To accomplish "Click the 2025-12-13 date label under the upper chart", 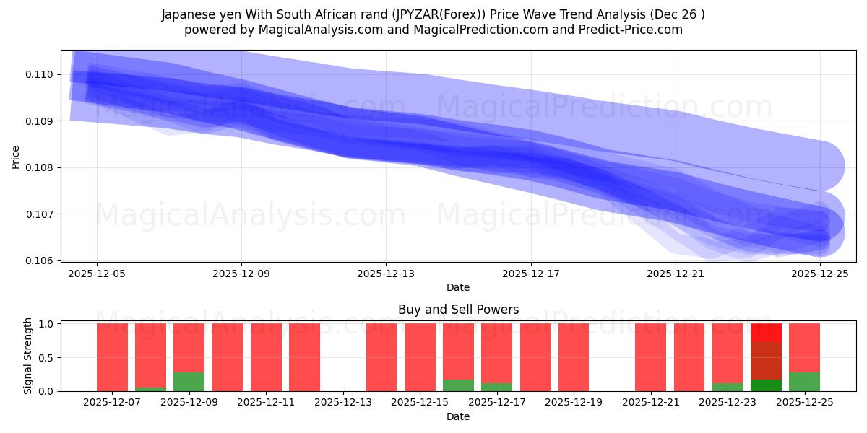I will [x=386, y=274].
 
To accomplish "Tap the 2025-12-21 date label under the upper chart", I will [x=675, y=274].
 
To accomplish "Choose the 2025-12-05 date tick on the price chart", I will [x=97, y=274].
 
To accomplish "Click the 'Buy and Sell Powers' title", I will [x=458, y=310].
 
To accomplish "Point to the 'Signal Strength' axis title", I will [x=28, y=356].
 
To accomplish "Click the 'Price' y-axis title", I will [x=16, y=156].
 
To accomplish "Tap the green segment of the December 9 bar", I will [x=189, y=382].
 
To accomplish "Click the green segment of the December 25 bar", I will [x=804, y=382].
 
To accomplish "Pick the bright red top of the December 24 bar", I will [x=766, y=332].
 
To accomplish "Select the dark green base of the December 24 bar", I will [x=766, y=385].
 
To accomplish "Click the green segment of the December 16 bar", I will [x=458, y=385].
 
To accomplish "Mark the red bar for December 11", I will [x=266, y=357].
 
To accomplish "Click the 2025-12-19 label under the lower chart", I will [x=574, y=403].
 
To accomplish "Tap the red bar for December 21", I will [x=650, y=357].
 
